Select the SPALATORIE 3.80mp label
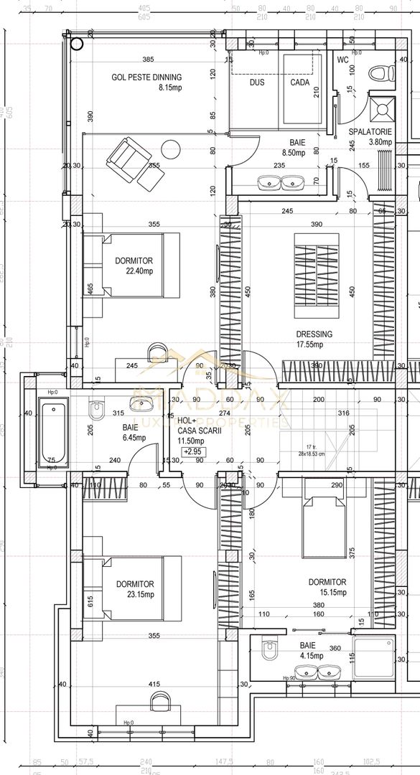coord(370,137)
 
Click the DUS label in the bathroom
coord(257,83)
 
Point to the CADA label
coord(300,83)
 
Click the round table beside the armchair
coord(171,149)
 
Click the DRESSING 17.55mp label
coord(314,339)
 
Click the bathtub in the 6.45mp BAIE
coord(50,433)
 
